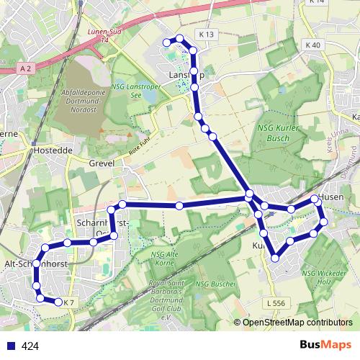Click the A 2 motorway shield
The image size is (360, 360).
(27, 68)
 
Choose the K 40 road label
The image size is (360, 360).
(312, 45)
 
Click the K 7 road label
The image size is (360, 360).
(69, 302)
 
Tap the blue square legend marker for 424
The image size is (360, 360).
(11, 346)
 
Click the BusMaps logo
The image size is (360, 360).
(325, 346)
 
